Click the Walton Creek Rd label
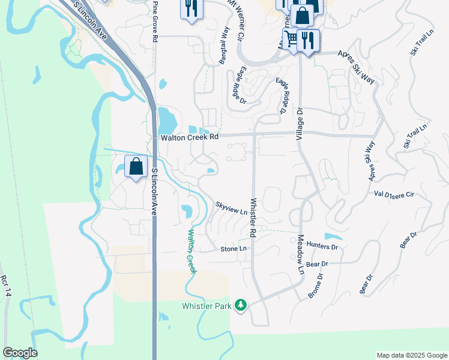[190, 137]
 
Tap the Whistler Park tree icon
[241, 306]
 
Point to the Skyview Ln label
[231, 208]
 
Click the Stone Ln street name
[234, 248]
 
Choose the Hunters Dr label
[322, 246]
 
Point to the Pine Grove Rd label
[155, 21]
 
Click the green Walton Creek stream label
[191, 251]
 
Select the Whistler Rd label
[253, 217]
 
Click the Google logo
[20, 353]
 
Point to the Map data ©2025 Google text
[412, 355]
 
